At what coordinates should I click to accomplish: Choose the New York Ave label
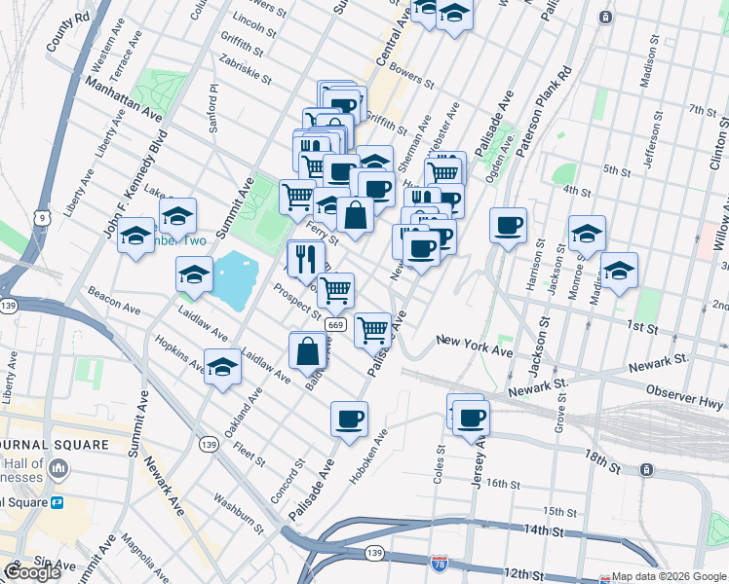(475, 344)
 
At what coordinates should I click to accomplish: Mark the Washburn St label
(239, 516)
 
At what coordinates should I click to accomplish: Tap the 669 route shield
(337, 323)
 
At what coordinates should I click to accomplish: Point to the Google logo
(31, 572)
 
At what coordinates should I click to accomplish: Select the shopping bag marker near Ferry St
(355, 214)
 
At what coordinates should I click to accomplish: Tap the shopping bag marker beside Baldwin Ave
(308, 350)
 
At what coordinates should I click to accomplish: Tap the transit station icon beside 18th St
(646, 469)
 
